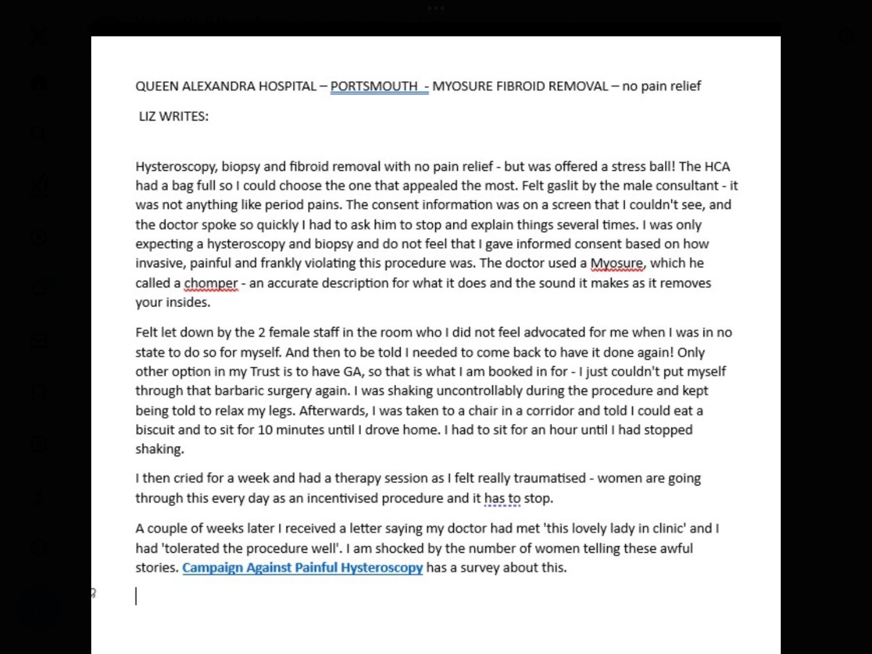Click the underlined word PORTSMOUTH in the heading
[374, 86]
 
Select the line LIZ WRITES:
[174, 116]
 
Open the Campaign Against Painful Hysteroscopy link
[302, 567]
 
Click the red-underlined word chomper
[211, 283]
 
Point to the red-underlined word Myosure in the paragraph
[616, 263]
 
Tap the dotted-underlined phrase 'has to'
[502, 498]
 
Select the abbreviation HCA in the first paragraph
[717, 166]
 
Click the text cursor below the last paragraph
[136, 595]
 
